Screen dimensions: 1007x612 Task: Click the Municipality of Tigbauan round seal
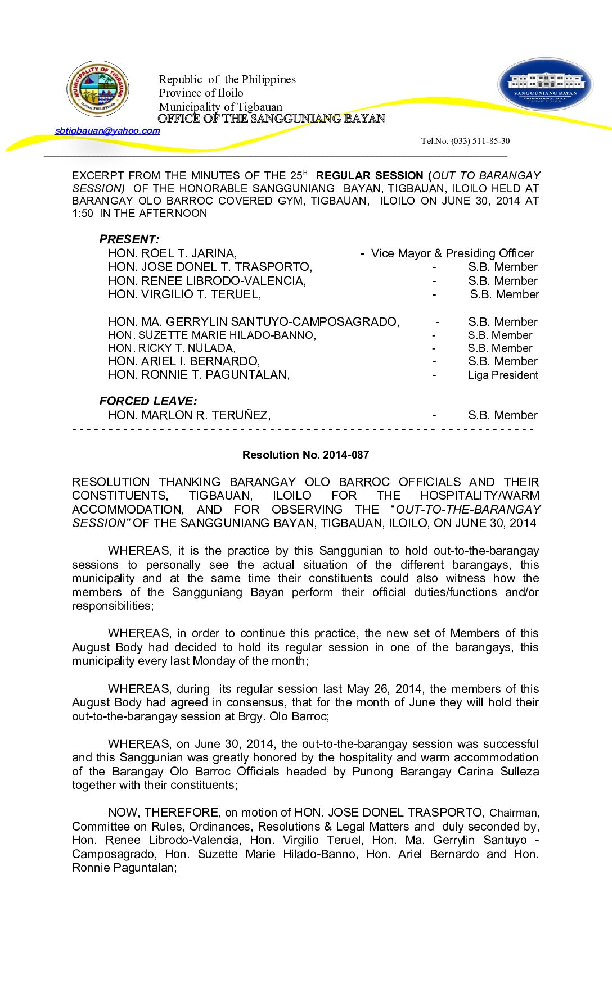98,89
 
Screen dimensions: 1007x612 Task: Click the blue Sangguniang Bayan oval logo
545,84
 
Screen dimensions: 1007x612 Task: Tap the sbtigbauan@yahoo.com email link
107,131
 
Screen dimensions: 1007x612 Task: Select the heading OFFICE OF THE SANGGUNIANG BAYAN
271,119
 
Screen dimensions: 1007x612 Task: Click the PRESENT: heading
129,239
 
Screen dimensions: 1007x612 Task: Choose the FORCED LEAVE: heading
148,401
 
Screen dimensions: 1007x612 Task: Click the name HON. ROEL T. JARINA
172,253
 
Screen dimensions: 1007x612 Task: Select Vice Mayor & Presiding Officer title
452,253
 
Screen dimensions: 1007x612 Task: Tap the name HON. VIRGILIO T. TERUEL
184,294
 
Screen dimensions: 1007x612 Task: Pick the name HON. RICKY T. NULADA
172,348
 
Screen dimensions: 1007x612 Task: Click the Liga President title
503,375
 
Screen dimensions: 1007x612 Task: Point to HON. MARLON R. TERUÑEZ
189,415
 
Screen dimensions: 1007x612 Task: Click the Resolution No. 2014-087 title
305,455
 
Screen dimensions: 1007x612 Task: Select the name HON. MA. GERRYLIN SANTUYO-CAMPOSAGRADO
254,322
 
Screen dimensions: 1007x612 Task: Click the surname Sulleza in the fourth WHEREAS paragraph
517,772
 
